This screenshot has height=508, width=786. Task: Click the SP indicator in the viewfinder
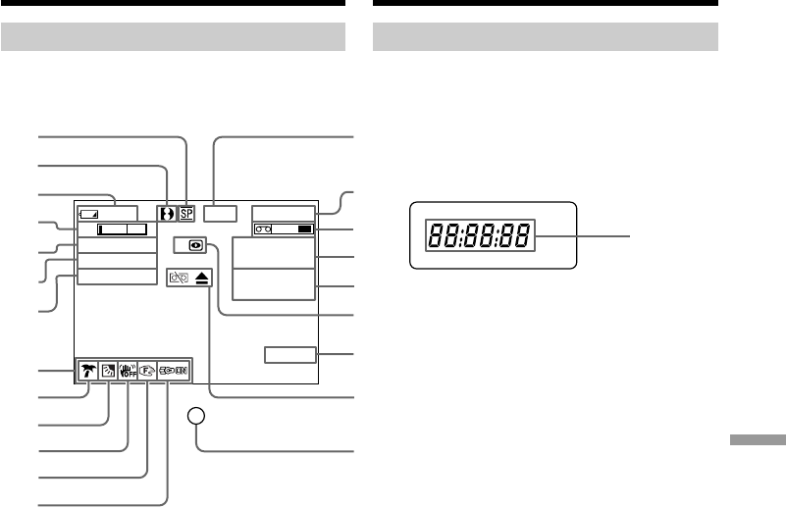pyautogui.click(x=186, y=211)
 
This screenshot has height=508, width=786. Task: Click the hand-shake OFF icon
pyautogui.click(x=128, y=371)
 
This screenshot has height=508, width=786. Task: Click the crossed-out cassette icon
pyautogui.click(x=178, y=278)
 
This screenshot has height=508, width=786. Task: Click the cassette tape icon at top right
pyautogui.click(x=263, y=229)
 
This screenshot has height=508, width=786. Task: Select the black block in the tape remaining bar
pyautogui.click(x=304, y=229)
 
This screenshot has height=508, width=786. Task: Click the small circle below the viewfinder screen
pyautogui.click(x=197, y=417)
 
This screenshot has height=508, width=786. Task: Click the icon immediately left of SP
pyautogui.click(x=167, y=211)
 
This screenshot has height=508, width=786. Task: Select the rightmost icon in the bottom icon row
pyautogui.click(x=174, y=371)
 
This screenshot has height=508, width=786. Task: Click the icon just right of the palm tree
pyautogui.click(x=108, y=371)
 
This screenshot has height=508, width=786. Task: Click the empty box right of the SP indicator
pyautogui.click(x=221, y=211)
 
